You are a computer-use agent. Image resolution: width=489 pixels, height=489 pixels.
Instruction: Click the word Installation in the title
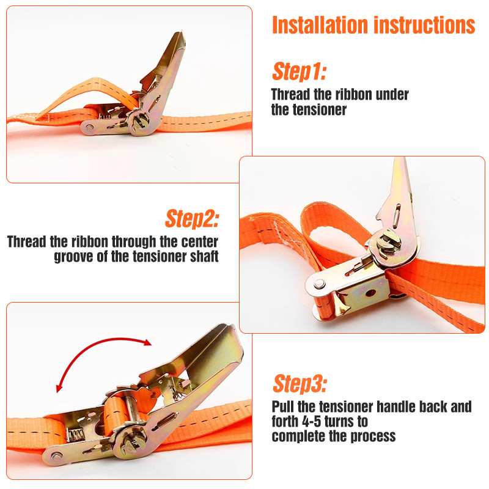click(320, 25)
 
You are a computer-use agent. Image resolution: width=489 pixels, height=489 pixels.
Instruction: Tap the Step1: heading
click(300, 72)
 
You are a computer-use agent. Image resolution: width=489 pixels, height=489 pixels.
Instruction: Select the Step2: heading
click(192, 219)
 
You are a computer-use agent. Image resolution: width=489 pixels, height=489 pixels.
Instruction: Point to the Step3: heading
click(300, 383)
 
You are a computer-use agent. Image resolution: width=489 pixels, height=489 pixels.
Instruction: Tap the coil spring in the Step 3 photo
click(75, 435)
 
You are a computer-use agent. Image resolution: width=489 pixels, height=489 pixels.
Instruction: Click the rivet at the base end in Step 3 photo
click(57, 456)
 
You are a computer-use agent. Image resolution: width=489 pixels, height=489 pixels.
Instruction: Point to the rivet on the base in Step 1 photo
click(90, 127)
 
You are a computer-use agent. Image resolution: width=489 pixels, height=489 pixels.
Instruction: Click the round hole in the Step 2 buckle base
click(370, 293)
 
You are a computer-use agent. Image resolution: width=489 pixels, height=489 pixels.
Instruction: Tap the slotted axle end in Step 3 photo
click(133, 441)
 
